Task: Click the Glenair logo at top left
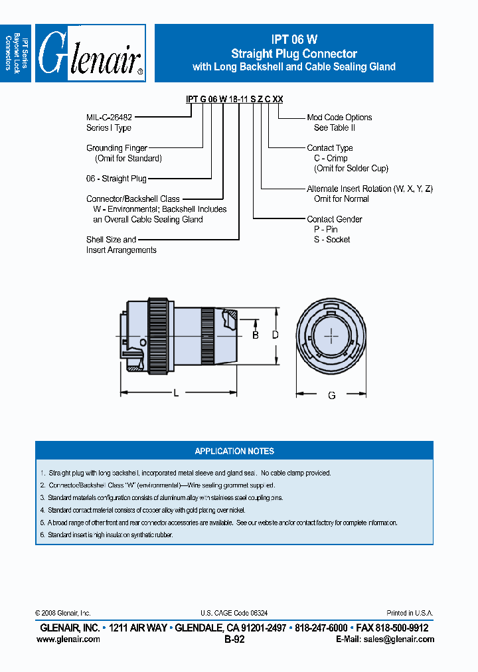(90, 54)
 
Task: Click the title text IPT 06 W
(293, 41)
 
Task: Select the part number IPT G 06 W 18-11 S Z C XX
(234, 99)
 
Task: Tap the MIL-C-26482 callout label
(110, 118)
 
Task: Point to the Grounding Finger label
(117, 148)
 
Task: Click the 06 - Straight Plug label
(116, 179)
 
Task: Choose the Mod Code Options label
(339, 118)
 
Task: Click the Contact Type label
(330, 148)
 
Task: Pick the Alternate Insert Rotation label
(369, 189)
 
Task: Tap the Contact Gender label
(335, 219)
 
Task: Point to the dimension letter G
(331, 395)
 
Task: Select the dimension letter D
(276, 335)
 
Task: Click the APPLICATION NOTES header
(234, 451)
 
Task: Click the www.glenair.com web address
(68, 639)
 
